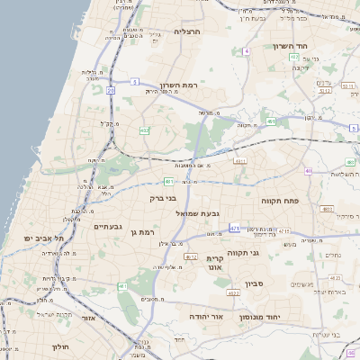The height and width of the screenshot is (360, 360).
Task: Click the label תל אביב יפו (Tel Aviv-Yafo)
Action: click(x=43, y=238)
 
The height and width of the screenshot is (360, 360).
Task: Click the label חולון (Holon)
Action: click(x=60, y=346)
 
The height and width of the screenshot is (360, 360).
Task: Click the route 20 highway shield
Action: click(x=110, y=91)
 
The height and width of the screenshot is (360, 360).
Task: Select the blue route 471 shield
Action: click(x=235, y=229)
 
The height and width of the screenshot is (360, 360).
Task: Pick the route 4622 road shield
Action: click(x=233, y=292)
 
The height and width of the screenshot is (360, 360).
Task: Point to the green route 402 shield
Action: click(x=144, y=130)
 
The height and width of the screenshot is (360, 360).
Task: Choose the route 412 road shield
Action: click(x=190, y=256)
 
